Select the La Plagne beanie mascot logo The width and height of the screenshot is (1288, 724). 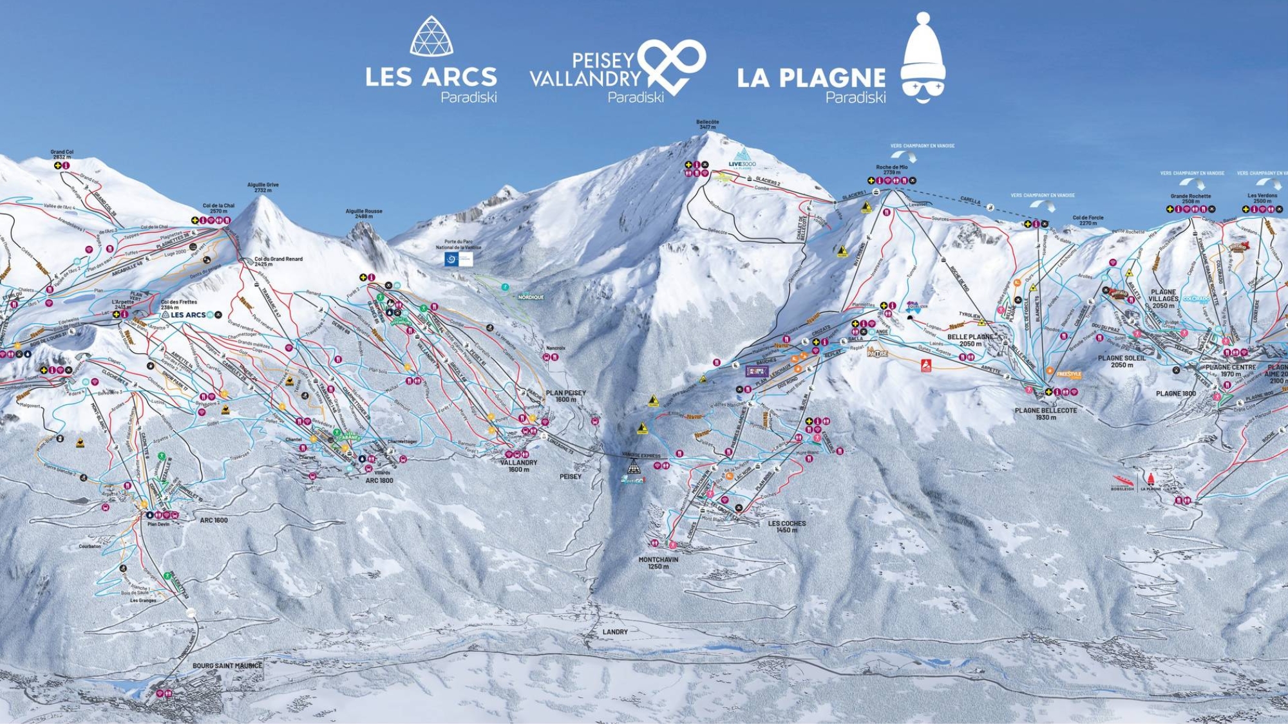[923, 59]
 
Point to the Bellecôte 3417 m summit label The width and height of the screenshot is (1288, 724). [707, 124]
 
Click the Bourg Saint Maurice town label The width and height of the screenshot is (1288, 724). [227, 665]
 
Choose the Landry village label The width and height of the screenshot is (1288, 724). [614, 632]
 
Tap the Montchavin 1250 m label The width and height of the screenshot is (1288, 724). [658, 563]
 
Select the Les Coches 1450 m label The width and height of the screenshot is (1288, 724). [786, 526]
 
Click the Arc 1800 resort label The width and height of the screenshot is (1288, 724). [379, 481]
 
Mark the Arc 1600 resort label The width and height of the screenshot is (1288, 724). [213, 520]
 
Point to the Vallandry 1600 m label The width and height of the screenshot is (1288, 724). [518, 466]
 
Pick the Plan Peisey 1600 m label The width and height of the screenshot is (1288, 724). [565, 396]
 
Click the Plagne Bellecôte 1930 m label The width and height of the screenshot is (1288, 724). [1045, 414]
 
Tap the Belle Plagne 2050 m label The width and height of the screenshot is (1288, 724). [970, 340]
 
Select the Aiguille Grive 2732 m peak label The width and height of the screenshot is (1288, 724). [263, 187]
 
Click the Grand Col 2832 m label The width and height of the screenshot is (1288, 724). [62, 154]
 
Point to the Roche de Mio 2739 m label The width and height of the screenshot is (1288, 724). [891, 170]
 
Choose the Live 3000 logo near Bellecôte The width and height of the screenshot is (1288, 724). [742, 158]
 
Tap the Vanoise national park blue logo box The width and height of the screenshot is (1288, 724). [459, 259]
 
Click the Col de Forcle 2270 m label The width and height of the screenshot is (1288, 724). [1088, 220]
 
